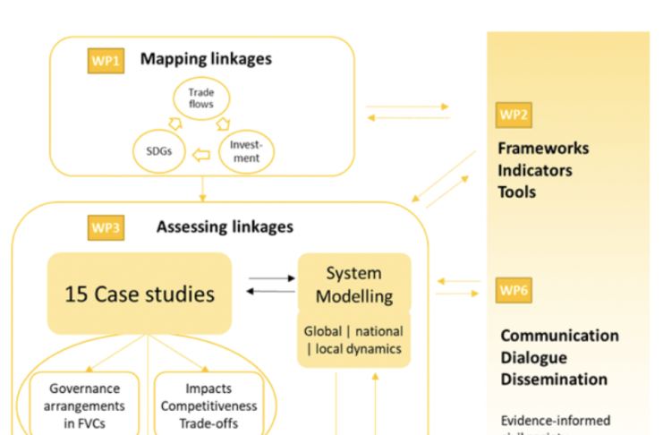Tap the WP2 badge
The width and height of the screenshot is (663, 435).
[514, 115]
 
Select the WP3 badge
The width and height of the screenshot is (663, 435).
[106, 227]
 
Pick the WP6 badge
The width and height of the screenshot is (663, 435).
[514, 291]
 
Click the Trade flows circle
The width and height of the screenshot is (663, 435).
[201, 99]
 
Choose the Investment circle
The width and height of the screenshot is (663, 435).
[245, 151]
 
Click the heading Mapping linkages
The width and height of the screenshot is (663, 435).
[206, 60]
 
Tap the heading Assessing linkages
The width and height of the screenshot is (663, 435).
[225, 226]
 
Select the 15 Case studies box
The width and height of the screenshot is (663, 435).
[140, 294]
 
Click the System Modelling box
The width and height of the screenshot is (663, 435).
[353, 284]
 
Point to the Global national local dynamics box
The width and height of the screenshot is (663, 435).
[353, 339]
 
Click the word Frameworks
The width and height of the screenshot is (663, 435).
[543, 149]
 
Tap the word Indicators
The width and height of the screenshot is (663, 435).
[535, 170]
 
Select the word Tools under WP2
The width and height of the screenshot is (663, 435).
[517, 192]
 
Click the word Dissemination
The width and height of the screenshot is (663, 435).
[554, 379]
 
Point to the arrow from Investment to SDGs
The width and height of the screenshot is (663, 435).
[202, 155]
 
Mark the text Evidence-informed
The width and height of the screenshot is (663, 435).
[555, 420]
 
